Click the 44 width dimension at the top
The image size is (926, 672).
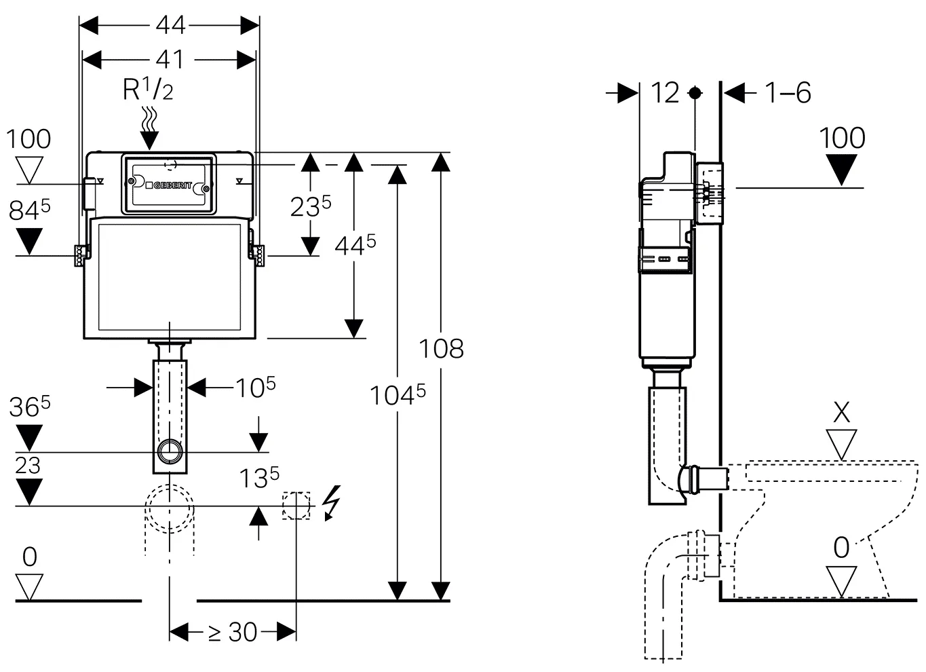point(170,25)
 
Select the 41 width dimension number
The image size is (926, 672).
point(170,60)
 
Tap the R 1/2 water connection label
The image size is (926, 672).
point(148,90)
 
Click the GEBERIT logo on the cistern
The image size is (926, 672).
point(170,185)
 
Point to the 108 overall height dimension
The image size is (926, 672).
point(441,348)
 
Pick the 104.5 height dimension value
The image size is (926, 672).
point(398,394)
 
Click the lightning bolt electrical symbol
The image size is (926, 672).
point(332,503)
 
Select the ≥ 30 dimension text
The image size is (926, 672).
point(232,632)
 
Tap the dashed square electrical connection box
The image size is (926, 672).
point(296,505)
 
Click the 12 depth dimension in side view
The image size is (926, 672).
point(665,92)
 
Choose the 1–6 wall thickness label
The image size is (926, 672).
point(788,92)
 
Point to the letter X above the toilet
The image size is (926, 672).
point(841,412)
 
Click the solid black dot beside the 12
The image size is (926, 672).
point(695,92)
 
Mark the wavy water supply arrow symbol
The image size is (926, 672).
point(149,128)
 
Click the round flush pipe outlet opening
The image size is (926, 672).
point(170,451)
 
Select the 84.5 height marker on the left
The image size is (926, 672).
point(29,209)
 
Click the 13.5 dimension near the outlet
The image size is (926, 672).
point(259,478)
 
